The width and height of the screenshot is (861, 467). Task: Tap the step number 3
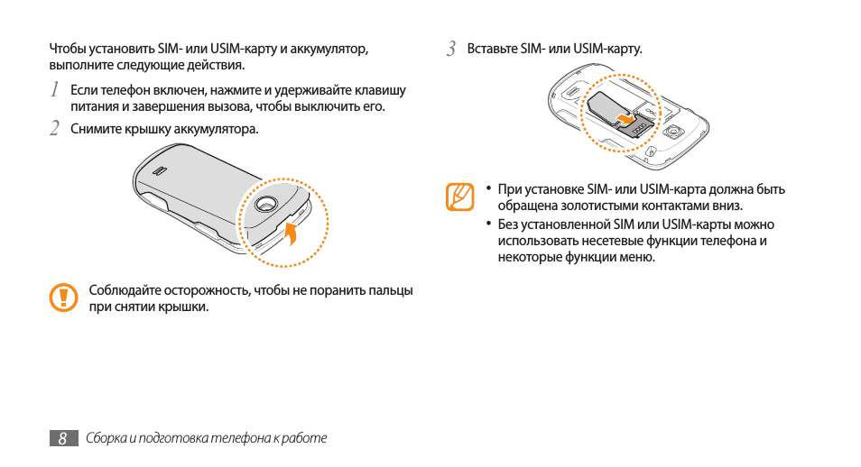[x=451, y=48]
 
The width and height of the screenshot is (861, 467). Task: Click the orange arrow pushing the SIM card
[x=623, y=118]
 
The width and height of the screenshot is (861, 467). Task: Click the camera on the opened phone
[x=671, y=132]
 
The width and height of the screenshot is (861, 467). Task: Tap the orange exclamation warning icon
[x=63, y=298]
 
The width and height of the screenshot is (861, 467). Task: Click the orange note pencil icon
[x=459, y=197]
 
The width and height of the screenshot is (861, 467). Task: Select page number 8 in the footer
[x=61, y=438]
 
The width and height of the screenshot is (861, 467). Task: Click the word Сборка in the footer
[x=105, y=438]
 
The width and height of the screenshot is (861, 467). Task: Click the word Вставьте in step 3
[x=493, y=48]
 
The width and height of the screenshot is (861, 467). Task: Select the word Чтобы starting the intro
[x=68, y=48]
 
